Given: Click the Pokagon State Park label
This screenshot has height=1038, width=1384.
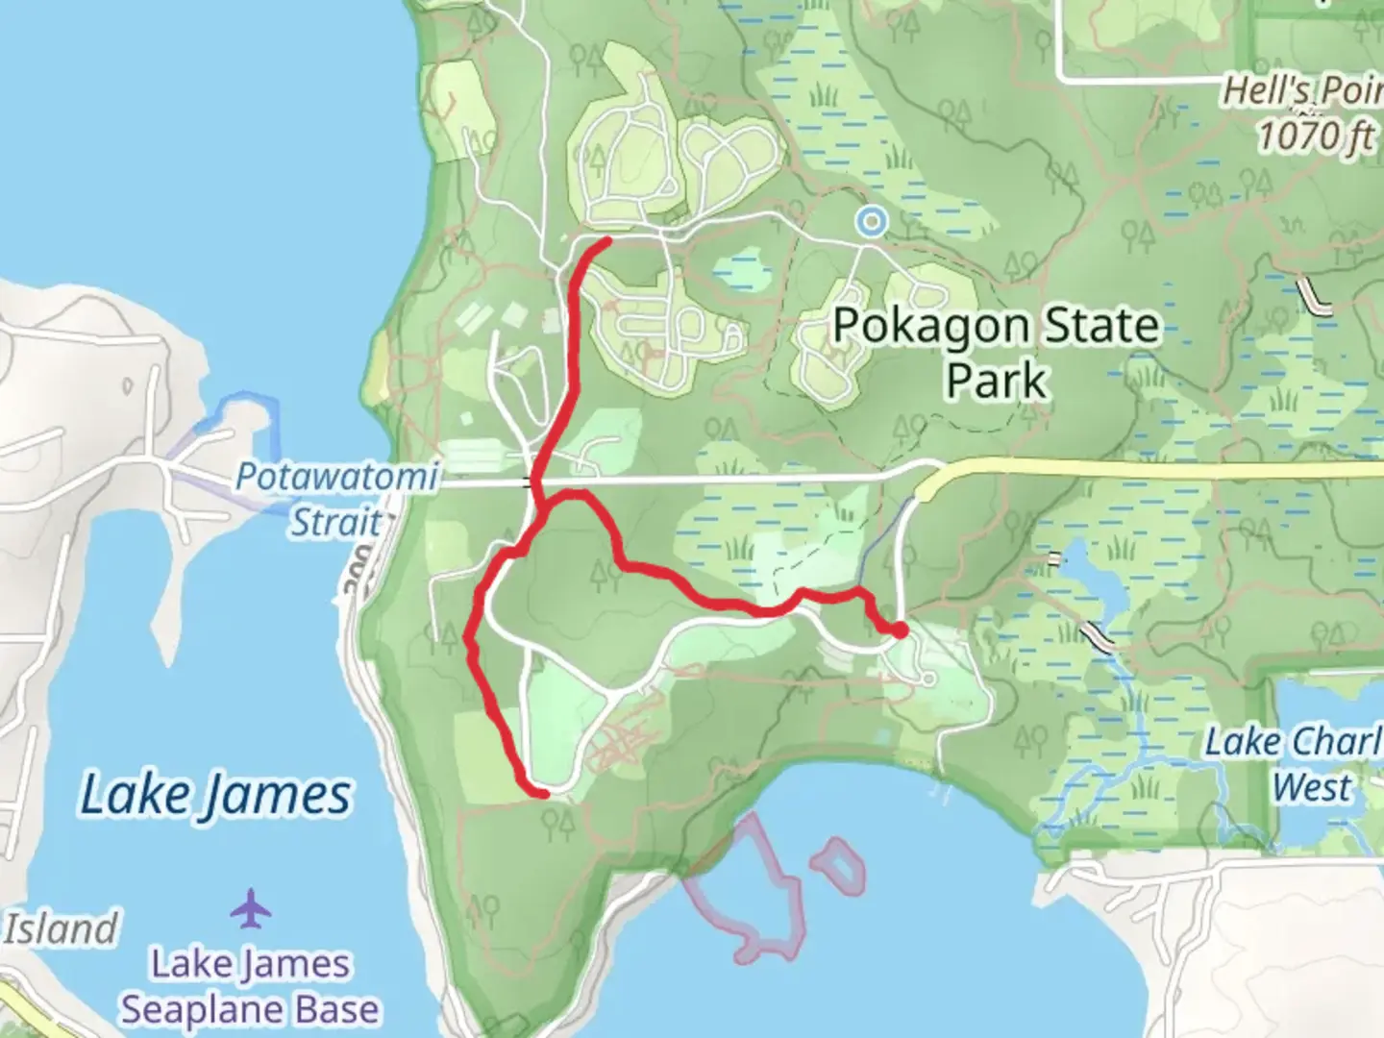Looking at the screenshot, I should coord(996,352).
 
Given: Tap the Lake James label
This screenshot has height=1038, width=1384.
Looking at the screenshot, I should coord(215,796).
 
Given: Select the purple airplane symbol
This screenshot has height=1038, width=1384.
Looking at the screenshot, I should coord(251,909).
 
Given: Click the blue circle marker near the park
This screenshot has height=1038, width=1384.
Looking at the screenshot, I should coord(872,222).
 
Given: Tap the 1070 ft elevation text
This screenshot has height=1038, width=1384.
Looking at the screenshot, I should coord(1316,136).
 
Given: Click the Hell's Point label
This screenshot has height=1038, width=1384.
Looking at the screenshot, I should coord(1302,93).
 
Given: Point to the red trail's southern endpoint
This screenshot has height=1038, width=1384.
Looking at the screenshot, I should coord(543,793).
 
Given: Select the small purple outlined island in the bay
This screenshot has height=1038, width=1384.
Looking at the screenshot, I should coord(838,864).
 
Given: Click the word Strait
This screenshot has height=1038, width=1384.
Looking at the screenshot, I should coord(336,522).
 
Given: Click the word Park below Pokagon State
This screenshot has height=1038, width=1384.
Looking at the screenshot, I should coord(996,381).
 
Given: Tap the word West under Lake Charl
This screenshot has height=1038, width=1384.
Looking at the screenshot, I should coord(1312,787).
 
